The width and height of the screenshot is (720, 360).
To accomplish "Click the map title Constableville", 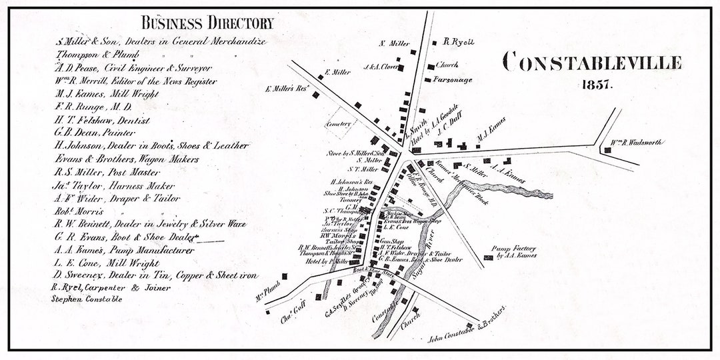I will click(592, 63).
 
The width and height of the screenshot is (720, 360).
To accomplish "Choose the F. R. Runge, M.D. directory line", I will click(94, 107).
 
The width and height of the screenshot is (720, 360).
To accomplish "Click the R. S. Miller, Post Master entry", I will click(109, 171).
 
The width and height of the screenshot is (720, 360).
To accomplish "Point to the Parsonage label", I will click(453, 79).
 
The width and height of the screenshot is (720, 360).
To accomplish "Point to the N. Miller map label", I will click(394, 44).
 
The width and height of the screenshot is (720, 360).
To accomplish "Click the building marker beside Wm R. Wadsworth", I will click(607, 150).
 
